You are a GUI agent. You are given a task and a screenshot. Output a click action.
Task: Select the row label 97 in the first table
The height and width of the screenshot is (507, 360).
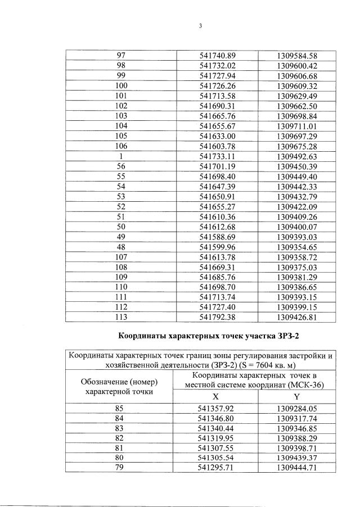click(121, 56)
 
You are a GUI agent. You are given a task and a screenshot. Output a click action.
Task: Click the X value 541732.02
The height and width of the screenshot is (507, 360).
click(217, 66)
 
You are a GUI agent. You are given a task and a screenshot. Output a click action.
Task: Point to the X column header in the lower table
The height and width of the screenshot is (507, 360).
click(217, 396)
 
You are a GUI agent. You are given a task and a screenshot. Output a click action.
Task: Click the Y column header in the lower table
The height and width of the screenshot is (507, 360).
click(298, 396)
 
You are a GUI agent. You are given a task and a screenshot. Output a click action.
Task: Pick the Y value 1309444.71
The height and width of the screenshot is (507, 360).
click(298, 467)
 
